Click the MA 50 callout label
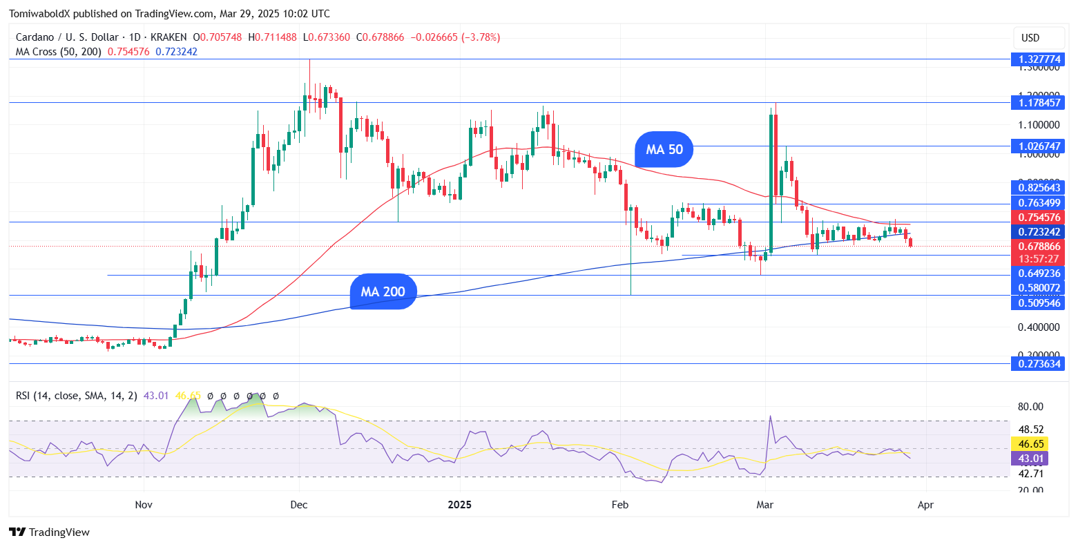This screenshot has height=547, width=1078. pos(664,149)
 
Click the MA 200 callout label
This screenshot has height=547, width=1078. pos(383,291)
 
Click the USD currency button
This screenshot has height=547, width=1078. pos(1030,38)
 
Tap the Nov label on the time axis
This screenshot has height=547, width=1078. pos(144,505)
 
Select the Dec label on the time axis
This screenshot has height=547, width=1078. pos(299,505)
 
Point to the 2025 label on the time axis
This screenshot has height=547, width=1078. pos(459,505)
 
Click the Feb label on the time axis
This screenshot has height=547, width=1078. pos(620,505)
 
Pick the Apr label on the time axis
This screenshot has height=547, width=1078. pos(925,505)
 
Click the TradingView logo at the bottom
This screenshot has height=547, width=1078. pos(50,532)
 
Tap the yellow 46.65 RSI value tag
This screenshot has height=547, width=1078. pos(1028,443)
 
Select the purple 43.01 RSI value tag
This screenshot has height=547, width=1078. pos(1028,459)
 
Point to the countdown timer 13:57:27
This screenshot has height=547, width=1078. pos(1039,259)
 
